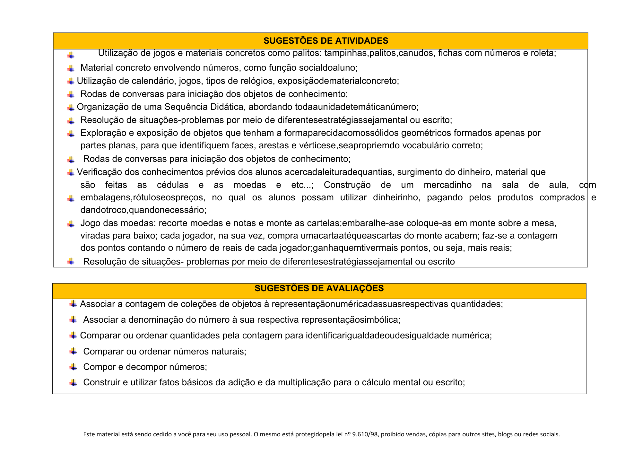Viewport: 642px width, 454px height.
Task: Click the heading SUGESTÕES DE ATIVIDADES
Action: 325,41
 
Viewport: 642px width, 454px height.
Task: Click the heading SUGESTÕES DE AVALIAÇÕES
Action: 319,288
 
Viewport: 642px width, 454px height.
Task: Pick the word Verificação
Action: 100,172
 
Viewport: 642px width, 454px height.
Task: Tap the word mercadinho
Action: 447,185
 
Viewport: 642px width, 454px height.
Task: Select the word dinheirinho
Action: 396,197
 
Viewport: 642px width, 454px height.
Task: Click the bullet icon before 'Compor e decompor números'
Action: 74,367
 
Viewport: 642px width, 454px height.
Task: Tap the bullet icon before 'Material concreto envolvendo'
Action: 71,68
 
